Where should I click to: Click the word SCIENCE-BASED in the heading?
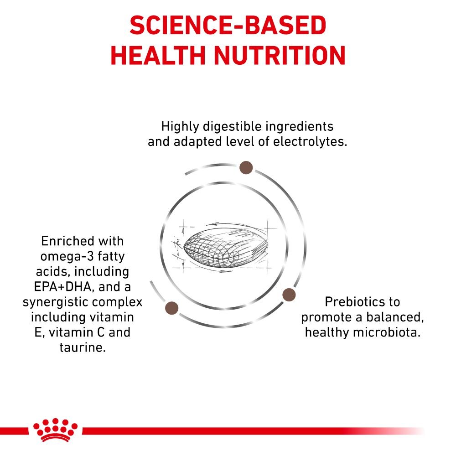point(228,27)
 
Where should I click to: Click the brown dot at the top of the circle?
point(246,167)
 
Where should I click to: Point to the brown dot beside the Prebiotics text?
point(289,295)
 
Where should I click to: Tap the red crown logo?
point(55,430)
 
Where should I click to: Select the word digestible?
point(224,126)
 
